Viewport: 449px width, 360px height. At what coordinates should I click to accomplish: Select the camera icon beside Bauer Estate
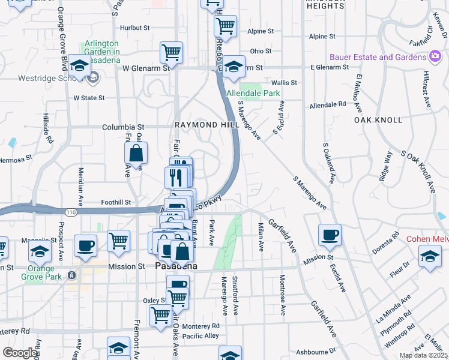click(435, 57)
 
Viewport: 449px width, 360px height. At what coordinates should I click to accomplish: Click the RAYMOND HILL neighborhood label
click(202, 124)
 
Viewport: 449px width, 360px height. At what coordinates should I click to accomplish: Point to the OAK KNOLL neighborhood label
click(376, 120)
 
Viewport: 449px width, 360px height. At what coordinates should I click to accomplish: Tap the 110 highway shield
click(71, 212)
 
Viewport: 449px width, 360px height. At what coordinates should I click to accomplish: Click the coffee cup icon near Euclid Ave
click(329, 236)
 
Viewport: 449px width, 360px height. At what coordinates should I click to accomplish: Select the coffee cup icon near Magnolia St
click(85, 246)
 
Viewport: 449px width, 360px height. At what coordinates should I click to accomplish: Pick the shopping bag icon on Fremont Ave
click(136, 154)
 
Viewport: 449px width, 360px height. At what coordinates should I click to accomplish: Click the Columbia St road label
click(124, 127)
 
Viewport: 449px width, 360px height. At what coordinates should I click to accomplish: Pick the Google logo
click(20, 353)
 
